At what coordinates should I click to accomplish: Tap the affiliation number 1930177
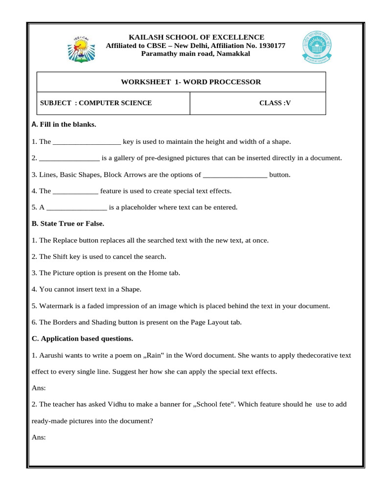(x=268, y=46)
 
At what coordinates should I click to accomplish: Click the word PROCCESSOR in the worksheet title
(x=235, y=82)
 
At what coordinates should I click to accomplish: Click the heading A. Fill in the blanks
(x=64, y=125)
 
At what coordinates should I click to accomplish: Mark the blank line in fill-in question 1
(x=87, y=142)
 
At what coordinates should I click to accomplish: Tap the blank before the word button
(x=235, y=175)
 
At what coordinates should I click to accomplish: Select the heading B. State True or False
(x=68, y=224)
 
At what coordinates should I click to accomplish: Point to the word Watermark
(x=55, y=306)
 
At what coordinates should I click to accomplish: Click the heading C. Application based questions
(x=82, y=339)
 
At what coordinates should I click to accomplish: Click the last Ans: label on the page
(x=38, y=437)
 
